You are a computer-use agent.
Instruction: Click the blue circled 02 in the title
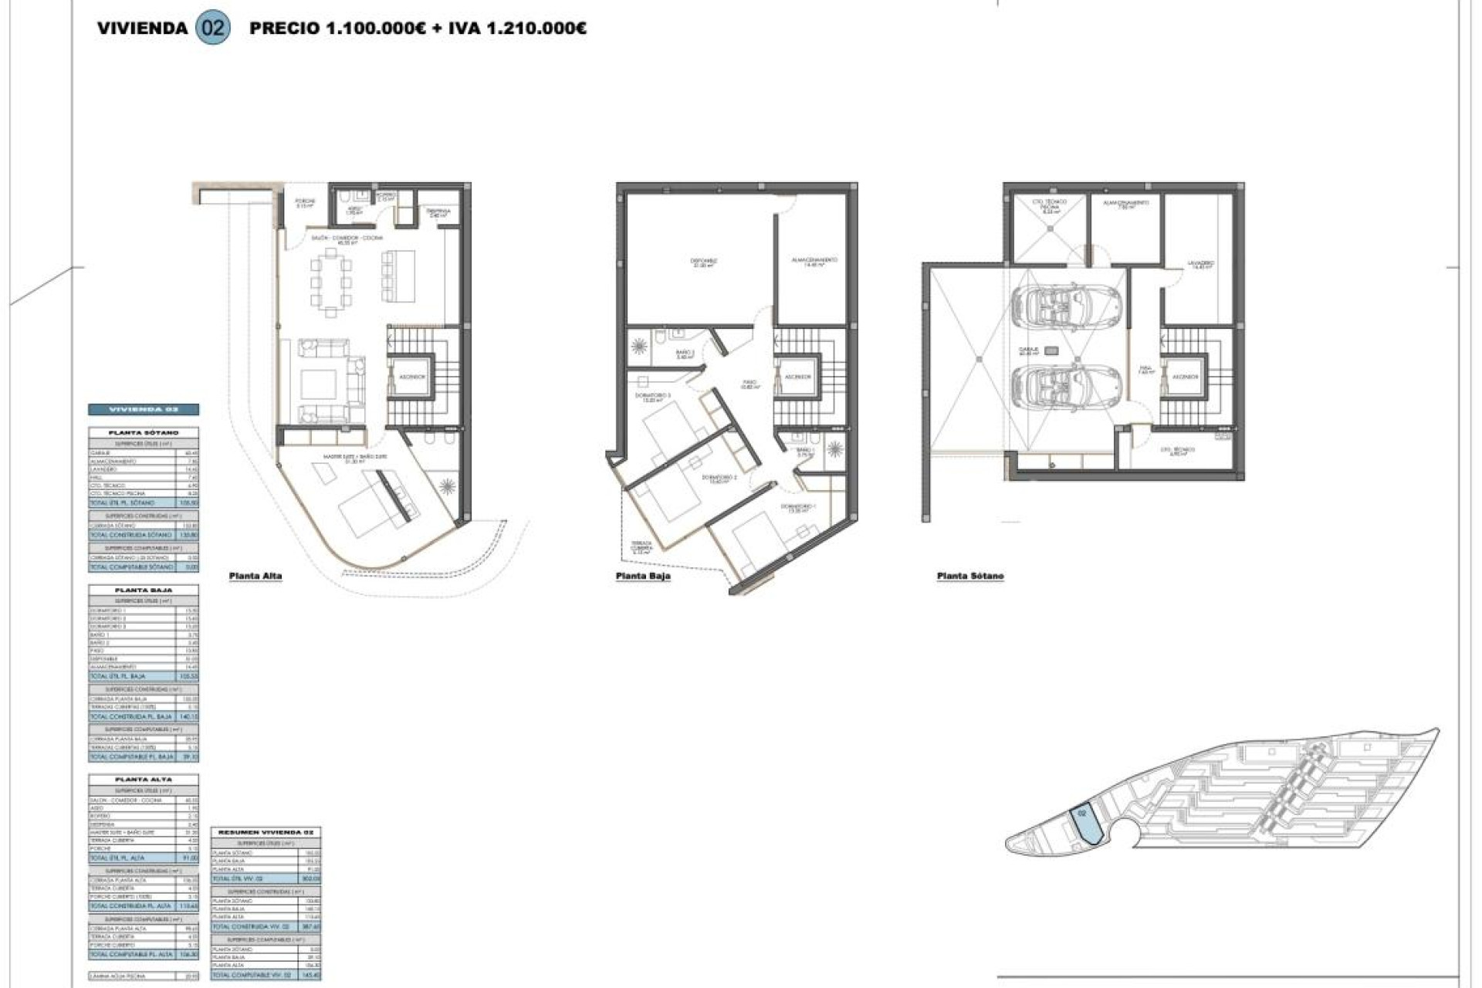tap(213, 29)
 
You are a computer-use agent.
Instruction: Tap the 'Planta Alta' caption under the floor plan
tap(255, 576)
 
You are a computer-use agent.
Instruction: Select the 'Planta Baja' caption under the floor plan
tap(643, 576)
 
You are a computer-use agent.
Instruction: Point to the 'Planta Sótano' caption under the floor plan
tap(970, 576)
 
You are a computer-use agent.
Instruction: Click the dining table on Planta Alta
tap(331, 281)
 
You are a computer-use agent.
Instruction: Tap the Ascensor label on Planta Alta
tap(411, 377)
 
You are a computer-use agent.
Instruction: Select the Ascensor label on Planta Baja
tap(797, 377)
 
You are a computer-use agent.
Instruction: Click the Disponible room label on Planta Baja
tap(703, 262)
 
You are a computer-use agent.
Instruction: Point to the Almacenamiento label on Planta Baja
tap(814, 262)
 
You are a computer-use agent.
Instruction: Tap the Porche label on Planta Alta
tap(306, 203)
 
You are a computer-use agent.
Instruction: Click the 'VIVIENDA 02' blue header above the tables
tap(144, 409)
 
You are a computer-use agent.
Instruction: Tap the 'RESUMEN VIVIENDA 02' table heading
tap(266, 833)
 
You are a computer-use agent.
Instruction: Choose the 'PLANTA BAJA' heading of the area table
tap(144, 590)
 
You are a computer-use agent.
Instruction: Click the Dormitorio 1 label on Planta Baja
tap(797, 507)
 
